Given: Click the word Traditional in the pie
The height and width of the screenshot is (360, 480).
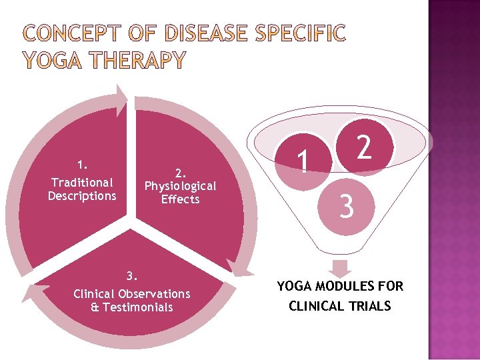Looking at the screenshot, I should (x=82, y=182).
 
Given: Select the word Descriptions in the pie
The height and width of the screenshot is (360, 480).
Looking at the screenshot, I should (x=82, y=195).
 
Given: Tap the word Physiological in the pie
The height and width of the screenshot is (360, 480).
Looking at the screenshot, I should (x=180, y=186).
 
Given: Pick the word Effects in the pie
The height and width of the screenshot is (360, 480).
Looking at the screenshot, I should (x=180, y=199).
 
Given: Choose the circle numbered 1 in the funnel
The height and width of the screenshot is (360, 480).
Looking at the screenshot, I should (x=304, y=160).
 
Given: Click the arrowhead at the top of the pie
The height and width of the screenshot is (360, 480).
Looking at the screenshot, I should (x=121, y=93).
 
